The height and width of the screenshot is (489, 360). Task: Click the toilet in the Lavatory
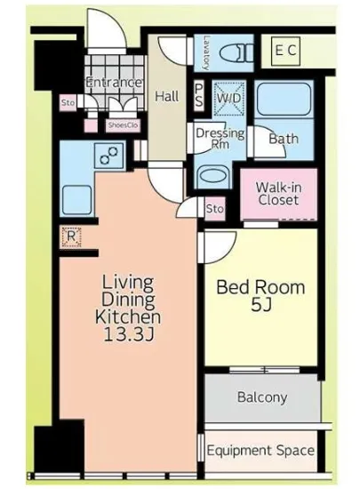click(238, 52)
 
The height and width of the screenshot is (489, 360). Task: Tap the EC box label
click(285, 51)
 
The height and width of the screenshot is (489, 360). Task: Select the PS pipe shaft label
click(198, 96)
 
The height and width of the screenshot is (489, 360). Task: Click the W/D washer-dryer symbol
click(228, 99)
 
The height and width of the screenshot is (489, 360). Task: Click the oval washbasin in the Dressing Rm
click(213, 176)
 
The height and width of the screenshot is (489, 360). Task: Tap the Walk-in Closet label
click(278, 193)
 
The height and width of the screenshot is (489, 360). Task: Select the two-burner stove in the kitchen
click(109, 155)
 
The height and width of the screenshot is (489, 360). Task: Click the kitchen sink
click(76, 200)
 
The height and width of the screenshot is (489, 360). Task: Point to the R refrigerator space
click(71, 237)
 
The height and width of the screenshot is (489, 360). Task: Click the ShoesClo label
click(123, 125)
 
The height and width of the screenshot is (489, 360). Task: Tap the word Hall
click(167, 96)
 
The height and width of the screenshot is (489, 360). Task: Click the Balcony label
click(262, 397)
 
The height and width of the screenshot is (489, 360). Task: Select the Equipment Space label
click(260, 451)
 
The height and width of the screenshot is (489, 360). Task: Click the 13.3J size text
click(128, 334)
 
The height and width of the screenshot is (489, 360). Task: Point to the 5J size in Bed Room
click(261, 306)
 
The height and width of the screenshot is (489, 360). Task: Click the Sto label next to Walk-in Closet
click(215, 208)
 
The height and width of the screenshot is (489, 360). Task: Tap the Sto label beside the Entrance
click(68, 102)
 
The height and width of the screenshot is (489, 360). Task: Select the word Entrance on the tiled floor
click(114, 83)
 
